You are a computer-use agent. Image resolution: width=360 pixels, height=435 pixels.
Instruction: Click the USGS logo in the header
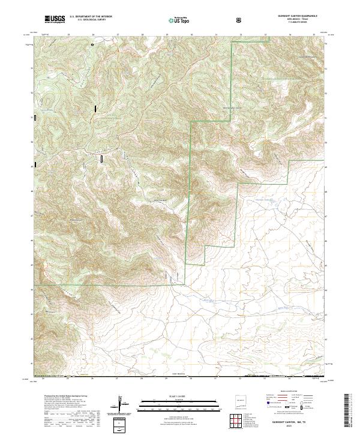click(x=55, y=19)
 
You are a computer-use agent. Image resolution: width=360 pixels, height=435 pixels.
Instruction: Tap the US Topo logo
click(x=179, y=21)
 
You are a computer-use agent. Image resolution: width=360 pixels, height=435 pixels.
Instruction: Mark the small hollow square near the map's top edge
click(x=92, y=44)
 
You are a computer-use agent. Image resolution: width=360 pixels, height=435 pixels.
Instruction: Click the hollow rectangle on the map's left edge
click(x=35, y=118)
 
